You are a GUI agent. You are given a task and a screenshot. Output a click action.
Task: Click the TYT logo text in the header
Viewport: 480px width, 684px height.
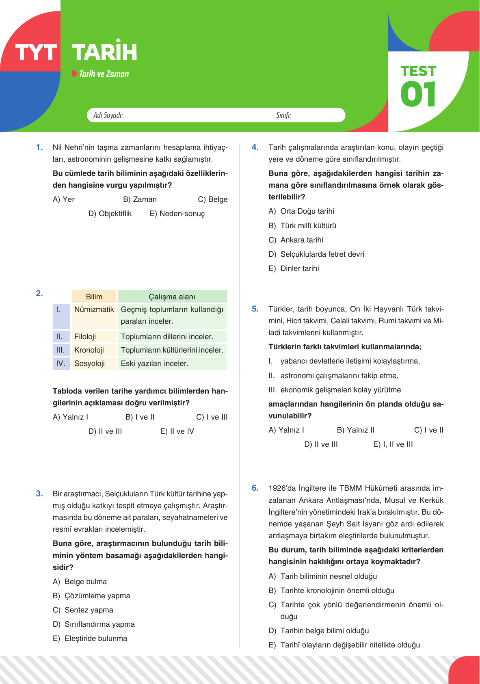click(x=36, y=53)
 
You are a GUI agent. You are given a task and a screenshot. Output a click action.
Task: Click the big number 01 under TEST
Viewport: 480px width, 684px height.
click(x=418, y=94)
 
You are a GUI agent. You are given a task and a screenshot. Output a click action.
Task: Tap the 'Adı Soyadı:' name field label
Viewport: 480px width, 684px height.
click(x=108, y=115)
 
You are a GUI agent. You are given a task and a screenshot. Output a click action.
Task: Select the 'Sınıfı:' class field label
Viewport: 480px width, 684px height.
click(x=283, y=115)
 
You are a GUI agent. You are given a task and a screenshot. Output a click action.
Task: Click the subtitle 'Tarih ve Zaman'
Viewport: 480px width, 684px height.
click(x=104, y=74)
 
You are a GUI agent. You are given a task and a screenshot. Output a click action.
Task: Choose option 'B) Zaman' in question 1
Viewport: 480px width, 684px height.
click(x=140, y=199)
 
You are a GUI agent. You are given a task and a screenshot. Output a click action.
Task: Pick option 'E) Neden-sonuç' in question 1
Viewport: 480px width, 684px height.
click(x=177, y=214)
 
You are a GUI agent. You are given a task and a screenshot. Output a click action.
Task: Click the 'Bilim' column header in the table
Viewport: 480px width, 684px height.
click(x=94, y=297)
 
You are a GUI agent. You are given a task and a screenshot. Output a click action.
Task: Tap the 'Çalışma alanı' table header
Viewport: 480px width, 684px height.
click(x=172, y=297)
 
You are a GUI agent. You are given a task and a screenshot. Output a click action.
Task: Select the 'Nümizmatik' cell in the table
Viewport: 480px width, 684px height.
click(x=94, y=310)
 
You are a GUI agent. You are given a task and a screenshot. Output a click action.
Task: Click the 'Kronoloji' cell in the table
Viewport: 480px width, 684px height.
click(x=89, y=350)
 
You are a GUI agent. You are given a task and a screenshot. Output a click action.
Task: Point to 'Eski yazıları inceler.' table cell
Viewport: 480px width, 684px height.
click(x=155, y=364)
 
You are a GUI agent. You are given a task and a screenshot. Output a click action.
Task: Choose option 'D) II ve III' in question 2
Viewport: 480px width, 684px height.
click(x=105, y=431)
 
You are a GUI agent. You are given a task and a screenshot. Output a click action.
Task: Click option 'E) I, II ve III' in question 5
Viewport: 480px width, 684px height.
click(x=393, y=444)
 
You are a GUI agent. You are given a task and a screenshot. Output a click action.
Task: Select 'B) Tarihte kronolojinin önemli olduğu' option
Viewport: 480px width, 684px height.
click(x=331, y=591)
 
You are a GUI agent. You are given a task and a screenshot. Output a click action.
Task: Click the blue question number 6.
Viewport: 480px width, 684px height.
click(x=255, y=488)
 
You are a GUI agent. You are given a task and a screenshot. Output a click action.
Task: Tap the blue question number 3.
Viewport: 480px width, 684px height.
click(x=39, y=494)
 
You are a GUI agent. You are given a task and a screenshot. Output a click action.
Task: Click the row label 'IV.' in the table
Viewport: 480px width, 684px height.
click(x=61, y=364)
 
